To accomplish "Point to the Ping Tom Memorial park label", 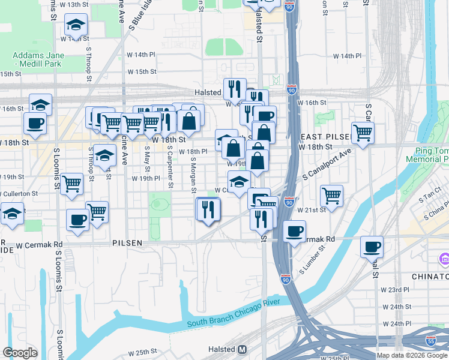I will pyautogui.click(x=427, y=155).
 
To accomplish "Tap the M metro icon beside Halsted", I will pyautogui.click(x=243, y=349).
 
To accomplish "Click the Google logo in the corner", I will pyautogui.click(x=20, y=353).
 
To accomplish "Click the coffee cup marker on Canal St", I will pyautogui.click(x=372, y=245).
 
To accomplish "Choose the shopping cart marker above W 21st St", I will pyautogui.click(x=332, y=194).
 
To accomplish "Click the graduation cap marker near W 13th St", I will pyautogui.click(x=76, y=24).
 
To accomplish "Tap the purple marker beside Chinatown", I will pyautogui.click(x=444, y=259).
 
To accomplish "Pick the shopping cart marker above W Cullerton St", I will pyautogui.click(x=71, y=183).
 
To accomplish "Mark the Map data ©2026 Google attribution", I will pyautogui.click(x=412, y=355).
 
